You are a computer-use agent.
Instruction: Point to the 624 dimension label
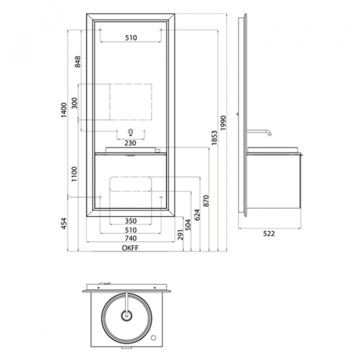point(197,214)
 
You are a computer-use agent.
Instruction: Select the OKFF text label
point(131,246)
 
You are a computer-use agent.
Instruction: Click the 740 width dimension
point(131,238)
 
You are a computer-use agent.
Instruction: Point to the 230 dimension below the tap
point(131,143)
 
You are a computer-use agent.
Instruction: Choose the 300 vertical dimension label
point(74,103)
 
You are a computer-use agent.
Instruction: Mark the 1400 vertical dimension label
point(65,110)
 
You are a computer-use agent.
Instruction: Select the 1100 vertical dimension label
point(74,174)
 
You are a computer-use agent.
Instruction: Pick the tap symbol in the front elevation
point(131,132)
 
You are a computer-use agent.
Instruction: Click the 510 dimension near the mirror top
point(131,37)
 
